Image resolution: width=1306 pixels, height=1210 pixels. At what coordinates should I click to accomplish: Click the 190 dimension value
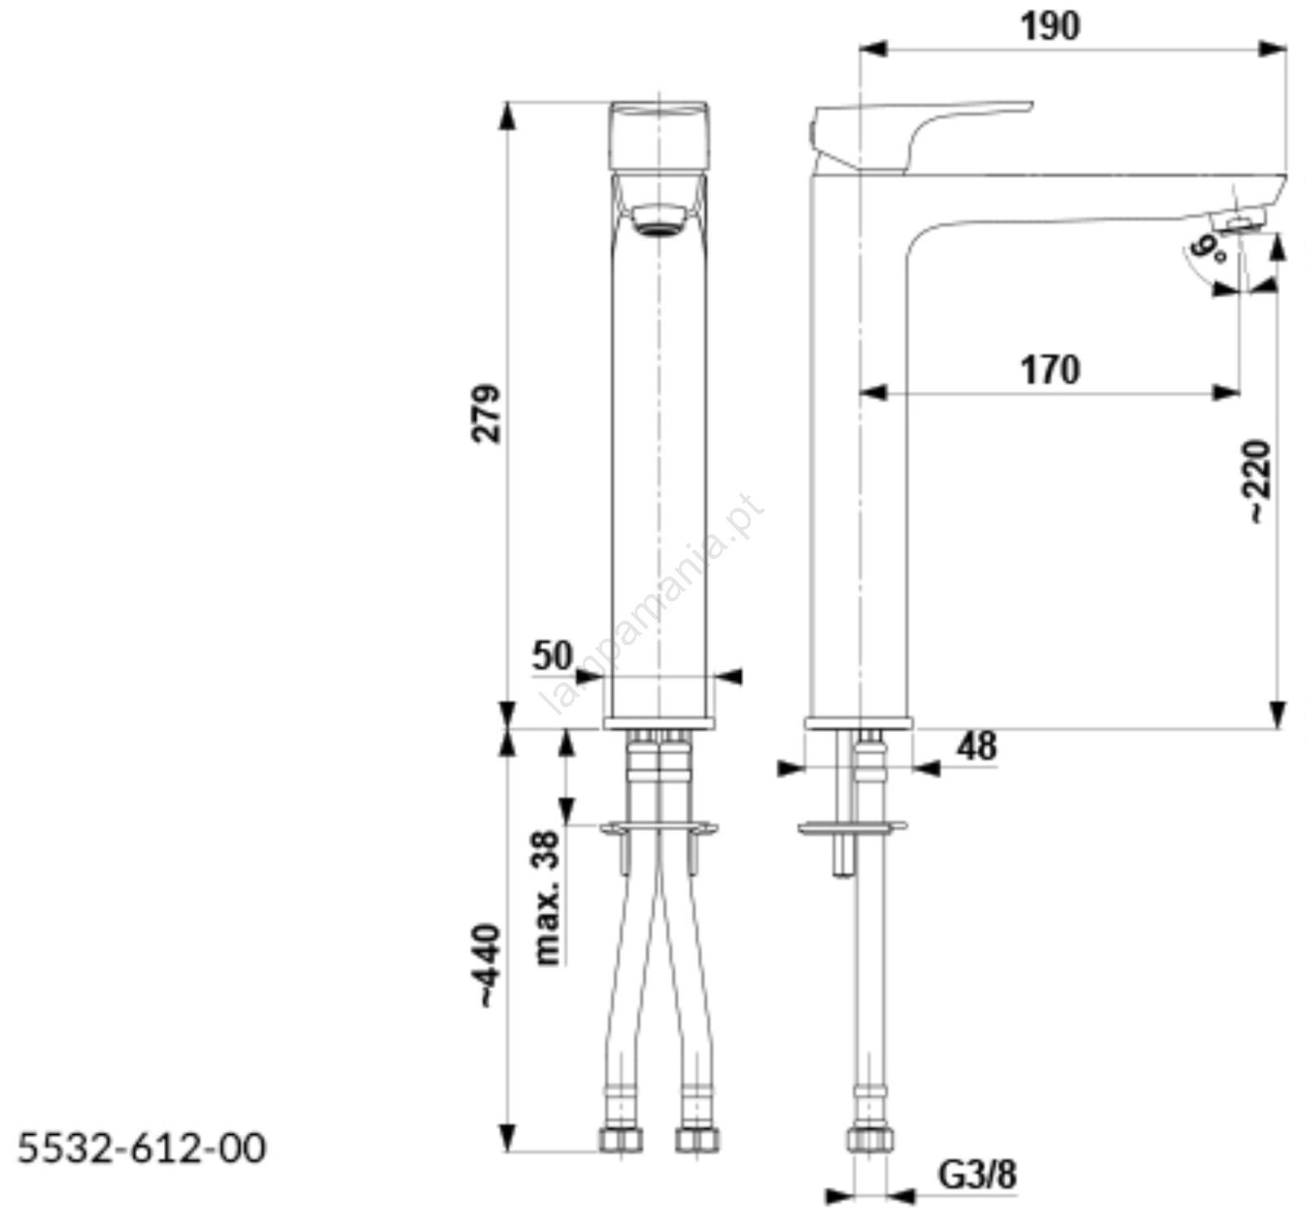coord(1050,27)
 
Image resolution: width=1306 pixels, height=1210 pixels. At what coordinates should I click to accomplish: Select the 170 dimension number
coord(1050,370)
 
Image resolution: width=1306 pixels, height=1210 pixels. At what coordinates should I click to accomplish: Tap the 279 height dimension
coord(486,413)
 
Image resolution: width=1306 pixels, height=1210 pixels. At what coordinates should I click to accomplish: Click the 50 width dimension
coord(553,656)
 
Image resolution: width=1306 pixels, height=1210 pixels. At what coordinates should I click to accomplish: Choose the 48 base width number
coord(977,746)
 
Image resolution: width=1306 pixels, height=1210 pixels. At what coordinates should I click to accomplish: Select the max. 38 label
coord(548,898)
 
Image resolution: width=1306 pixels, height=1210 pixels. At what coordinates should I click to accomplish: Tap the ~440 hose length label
coord(486,966)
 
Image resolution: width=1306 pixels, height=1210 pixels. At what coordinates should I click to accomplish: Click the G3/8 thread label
coord(977,1175)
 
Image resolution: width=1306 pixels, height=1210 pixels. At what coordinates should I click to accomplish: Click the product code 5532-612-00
coord(142,1148)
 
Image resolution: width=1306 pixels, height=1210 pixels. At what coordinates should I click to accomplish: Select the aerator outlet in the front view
coord(659,219)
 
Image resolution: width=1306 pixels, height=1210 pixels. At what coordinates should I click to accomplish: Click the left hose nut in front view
coord(620,1139)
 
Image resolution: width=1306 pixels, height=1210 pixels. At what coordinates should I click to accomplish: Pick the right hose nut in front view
coord(696,1139)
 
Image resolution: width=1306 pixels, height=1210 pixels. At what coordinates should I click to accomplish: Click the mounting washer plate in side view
coord(852,827)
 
